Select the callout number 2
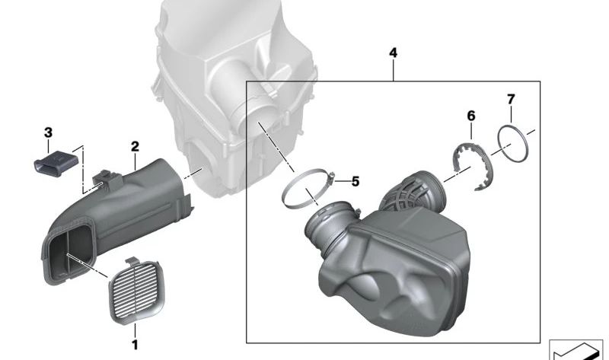click(x=135, y=145)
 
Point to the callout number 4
click(x=392, y=53)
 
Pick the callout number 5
click(x=354, y=182)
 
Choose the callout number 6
click(x=470, y=116)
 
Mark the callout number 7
click(x=511, y=99)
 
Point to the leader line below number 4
click(x=392, y=72)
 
